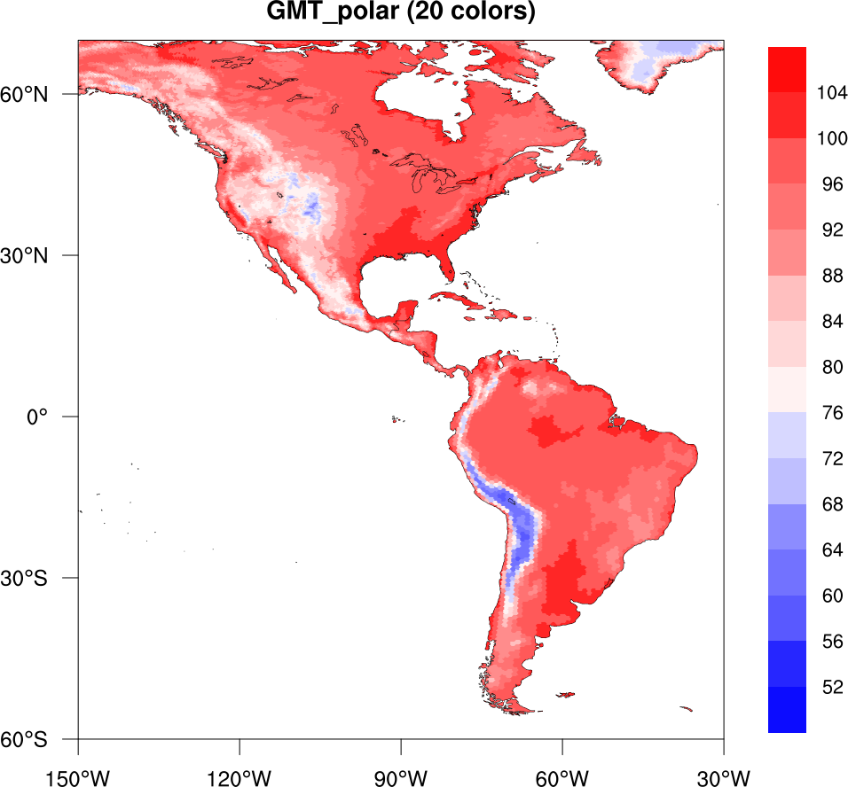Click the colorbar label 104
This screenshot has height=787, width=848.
click(x=832, y=93)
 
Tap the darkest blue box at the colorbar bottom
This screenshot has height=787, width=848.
click(x=787, y=710)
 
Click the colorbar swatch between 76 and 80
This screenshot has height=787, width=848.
click(x=787, y=390)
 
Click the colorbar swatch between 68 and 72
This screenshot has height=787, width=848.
click(x=787, y=481)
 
